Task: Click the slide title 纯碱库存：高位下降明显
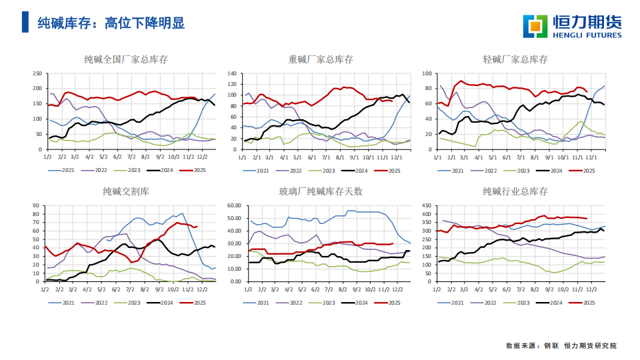(x=111, y=23)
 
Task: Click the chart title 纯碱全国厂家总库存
(x=126, y=59)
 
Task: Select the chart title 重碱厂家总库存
(x=320, y=59)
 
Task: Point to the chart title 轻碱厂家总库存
(x=515, y=59)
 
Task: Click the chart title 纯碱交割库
(x=126, y=192)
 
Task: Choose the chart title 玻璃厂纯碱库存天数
(x=320, y=192)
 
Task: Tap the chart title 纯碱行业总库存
(x=515, y=192)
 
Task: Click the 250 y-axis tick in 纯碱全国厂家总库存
(x=37, y=74)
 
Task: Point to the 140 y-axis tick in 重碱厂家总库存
(x=231, y=74)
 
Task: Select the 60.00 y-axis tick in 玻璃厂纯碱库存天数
(x=234, y=206)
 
